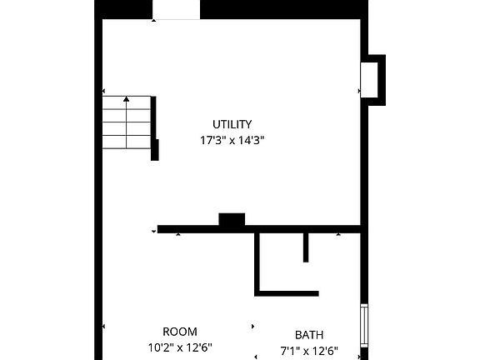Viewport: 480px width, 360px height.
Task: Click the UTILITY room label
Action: pos(232,124)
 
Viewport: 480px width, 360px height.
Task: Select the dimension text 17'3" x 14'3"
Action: pos(232,141)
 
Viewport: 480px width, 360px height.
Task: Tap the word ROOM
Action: pos(180,332)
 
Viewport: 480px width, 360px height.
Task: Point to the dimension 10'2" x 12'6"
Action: pos(180,347)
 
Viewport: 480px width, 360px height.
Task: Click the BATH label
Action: pos(309,334)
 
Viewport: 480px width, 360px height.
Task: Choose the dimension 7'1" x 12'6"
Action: pos(309,350)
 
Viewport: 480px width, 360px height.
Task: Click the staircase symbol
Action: pos(127,122)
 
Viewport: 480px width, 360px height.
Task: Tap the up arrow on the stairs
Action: pos(127,101)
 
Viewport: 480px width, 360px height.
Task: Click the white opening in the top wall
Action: pos(177,9)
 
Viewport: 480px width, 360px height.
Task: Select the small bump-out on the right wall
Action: pos(375,80)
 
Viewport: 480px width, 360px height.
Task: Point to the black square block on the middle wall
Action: pos(232,220)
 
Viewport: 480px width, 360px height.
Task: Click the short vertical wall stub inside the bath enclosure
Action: pos(306,247)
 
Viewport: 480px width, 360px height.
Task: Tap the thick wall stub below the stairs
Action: pos(154,150)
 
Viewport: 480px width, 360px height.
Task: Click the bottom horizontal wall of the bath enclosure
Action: pos(287,292)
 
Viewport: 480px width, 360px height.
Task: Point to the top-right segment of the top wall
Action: pos(283,9)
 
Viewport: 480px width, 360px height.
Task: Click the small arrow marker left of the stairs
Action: pos(103,92)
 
